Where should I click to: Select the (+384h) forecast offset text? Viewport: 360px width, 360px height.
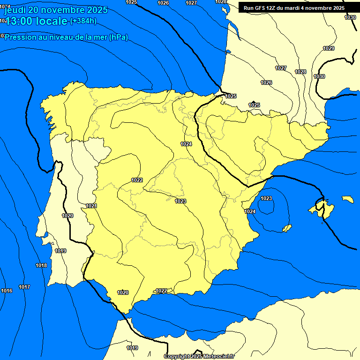click(83, 21)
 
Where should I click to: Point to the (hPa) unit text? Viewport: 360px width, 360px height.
click(118, 37)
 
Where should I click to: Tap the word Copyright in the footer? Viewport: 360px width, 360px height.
click(176, 356)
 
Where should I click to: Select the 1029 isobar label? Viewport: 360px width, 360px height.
click(329, 48)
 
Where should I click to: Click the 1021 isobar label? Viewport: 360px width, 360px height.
click(91, 206)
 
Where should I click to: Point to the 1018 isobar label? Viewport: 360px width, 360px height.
click(41, 265)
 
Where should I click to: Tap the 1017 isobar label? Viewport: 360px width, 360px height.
click(24, 287)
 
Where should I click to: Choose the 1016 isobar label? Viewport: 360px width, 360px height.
click(7, 291)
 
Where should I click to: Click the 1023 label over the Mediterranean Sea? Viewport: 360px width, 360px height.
click(266, 198)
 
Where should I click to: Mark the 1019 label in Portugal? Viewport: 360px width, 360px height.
click(60, 251)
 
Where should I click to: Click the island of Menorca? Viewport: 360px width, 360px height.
click(347, 199)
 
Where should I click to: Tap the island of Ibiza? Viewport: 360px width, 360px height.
click(286, 228)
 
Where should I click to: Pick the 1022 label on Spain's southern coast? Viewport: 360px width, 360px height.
click(162, 291)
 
